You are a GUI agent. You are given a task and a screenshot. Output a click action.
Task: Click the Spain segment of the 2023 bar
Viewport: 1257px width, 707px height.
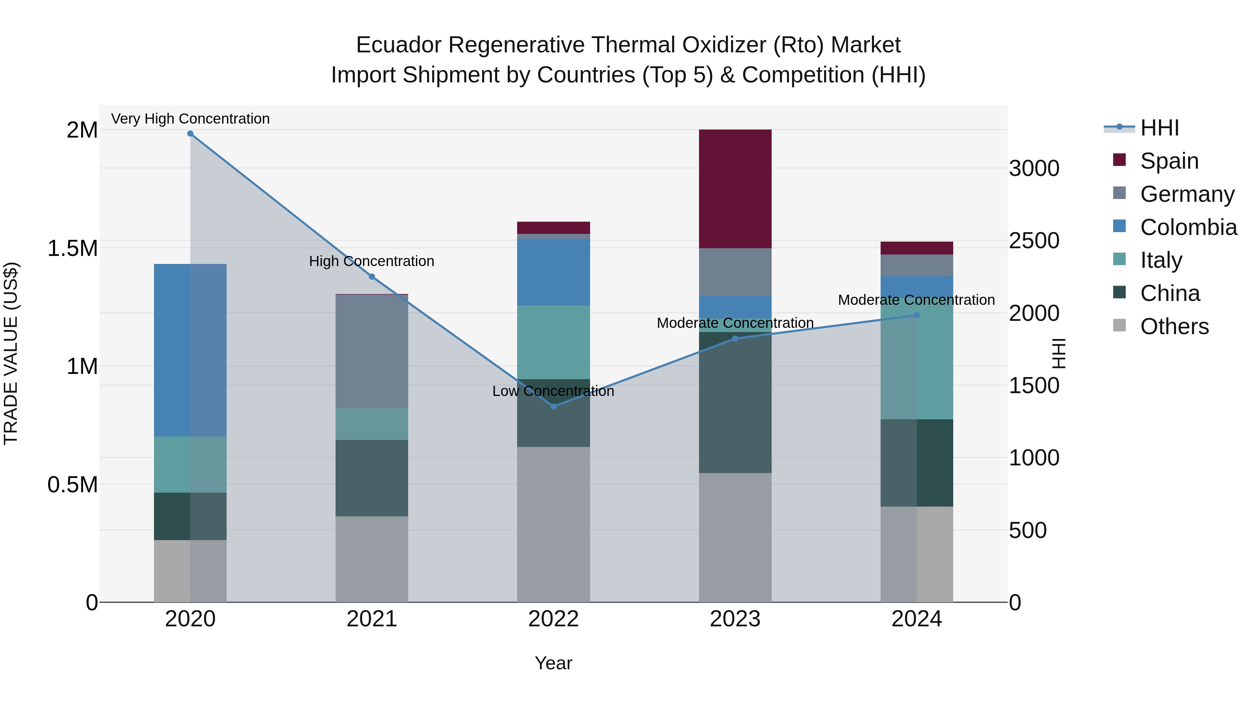(x=735, y=189)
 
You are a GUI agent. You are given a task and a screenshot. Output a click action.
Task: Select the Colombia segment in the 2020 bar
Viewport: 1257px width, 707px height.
(x=190, y=350)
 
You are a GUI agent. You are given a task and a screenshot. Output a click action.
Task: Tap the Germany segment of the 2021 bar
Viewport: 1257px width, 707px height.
(x=372, y=351)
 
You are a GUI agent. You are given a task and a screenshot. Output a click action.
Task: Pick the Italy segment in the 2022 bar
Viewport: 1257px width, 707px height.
(x=553, y=342)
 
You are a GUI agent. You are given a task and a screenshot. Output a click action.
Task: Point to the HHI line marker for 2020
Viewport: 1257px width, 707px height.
(x=190, y=134)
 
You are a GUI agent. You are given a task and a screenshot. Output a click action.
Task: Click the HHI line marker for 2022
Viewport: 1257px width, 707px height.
(x=553, y=406)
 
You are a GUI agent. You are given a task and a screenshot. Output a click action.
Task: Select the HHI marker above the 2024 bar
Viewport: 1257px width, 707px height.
(x=917, y=315)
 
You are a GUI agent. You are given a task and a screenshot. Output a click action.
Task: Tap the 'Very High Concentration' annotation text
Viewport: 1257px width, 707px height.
(x=190, y=119)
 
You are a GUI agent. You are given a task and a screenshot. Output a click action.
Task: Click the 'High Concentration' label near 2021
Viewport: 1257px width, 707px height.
(x=372, y=262)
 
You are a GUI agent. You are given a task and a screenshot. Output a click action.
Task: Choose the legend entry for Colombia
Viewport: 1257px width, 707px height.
(x=1188, y=227)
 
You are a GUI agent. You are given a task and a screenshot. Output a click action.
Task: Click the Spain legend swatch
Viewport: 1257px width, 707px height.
(x=1119, y=160)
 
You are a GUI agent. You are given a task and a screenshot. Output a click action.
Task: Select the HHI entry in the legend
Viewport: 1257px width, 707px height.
(x=1159, y=128)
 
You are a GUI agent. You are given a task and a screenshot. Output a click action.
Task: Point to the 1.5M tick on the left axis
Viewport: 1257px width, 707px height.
(x=72, y=248)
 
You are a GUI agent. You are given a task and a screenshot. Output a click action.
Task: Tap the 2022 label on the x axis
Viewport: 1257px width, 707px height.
(x=553, y=619)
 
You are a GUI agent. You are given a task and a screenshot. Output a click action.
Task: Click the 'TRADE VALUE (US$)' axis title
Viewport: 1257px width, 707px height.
(x=11, y=353)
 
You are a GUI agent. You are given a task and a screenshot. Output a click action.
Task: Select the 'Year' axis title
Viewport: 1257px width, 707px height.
(x=553, y=663)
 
